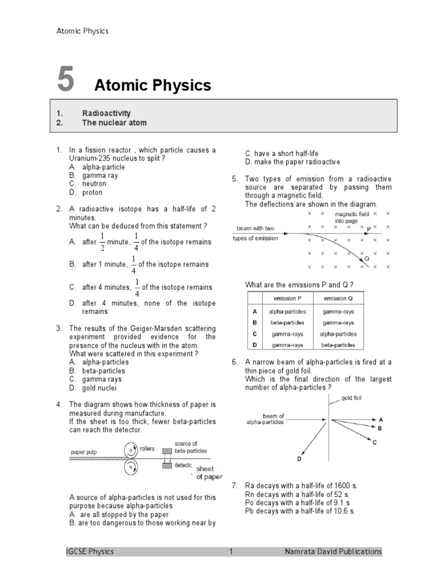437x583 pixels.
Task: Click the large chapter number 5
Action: click(x=65, y=80)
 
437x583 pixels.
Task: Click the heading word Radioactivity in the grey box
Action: click(x=106, y=114)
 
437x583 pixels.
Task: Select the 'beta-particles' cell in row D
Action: click(x=338, y=344)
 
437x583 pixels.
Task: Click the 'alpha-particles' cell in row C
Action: click(x=338, y=334)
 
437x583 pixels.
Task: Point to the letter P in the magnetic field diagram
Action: click(x=369, y=228)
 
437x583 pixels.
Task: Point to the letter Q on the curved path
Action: click(x=367, y=258)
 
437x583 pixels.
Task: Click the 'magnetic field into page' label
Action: click(x=352, y=217)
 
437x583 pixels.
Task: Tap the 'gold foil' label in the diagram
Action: click(x=351, y=397)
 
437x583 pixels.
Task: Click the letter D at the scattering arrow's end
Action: click(x=299, y=458)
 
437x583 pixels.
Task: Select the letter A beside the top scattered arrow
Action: click(x=380, y=419)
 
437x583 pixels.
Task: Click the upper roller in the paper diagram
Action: click(x=131, y=450)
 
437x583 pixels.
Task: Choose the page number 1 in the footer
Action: click(x=231, y=551)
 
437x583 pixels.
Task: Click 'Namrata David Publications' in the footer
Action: click(x=333, y=551)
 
